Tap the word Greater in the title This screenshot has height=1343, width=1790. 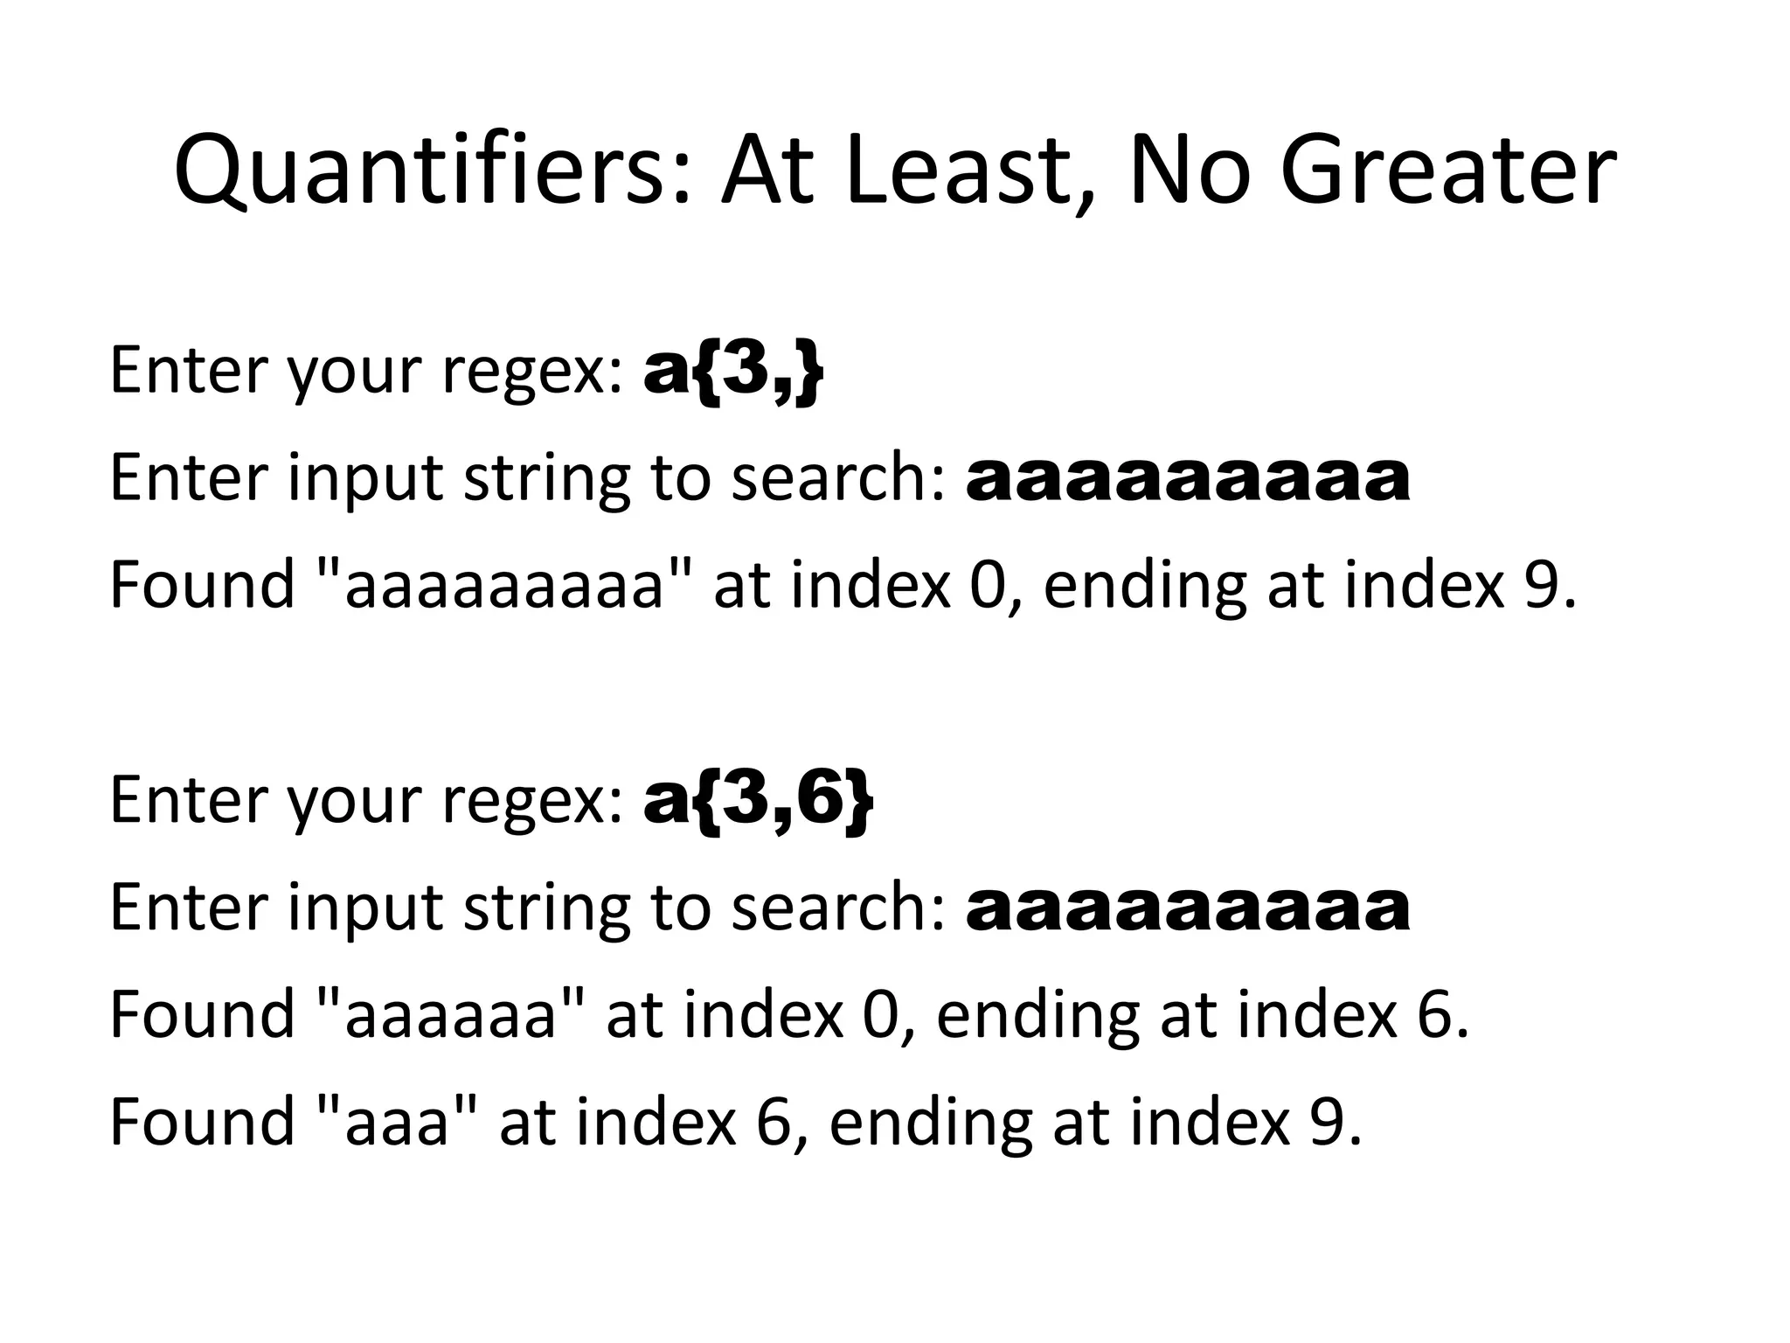[x=1447, y=170]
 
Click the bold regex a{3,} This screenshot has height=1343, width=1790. [x=732, y=372]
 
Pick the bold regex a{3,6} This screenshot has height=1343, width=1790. [x=757, y=801]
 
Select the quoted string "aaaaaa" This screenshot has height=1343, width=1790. [x=450, y=1016]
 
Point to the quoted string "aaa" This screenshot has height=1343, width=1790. [x=397, y=1123]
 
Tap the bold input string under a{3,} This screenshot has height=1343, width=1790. [x=1187, y=478]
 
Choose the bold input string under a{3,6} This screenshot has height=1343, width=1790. [x=1187, y=908]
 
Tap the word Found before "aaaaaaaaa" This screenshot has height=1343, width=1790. [x=202, y=586]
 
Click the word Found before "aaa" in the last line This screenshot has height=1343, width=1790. [x=202, y=1123]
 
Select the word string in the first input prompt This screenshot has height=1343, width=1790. [x=545, y=478]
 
